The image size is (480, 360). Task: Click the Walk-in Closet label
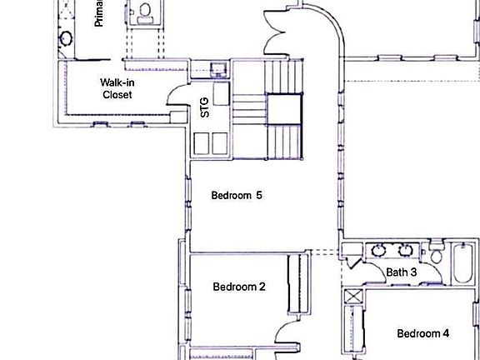tap(117, 88)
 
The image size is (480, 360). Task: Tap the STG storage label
tap(205, 107)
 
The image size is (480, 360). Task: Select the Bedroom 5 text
tap(237, 196)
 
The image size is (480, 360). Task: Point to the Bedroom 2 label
tap(239, 287)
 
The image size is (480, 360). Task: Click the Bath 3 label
tap(402, 272)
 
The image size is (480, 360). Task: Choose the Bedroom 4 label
tap(422, 333)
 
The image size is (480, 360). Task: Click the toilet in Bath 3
tap(435, 254)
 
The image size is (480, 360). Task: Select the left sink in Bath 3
tap(380, 249)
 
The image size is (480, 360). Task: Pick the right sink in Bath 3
tap(407, 249)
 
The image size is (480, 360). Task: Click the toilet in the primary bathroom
tap(146, 12)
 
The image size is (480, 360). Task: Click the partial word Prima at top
tap(99, 14)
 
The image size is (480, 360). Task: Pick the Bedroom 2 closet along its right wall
tap(293, 283)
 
